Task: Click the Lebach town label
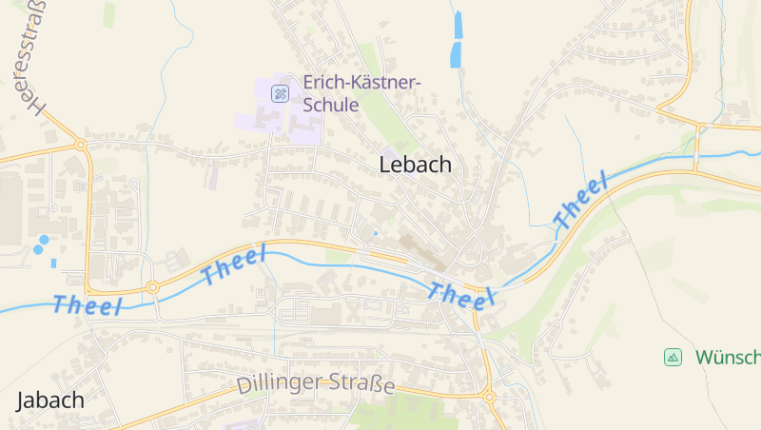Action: (415, 164)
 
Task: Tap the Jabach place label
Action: (49, 400)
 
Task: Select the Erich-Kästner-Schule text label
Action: (361, 93)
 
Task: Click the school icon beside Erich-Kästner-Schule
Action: (280, 92)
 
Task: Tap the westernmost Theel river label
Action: (88, 305)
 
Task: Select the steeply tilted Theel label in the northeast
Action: (580, 202)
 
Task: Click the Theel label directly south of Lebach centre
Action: (462, 296)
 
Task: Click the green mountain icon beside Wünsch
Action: (673, 357)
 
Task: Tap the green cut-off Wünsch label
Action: (727, 357)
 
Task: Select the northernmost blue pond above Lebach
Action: (459, 25)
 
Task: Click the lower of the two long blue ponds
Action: (455, 54)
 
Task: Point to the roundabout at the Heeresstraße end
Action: (81, 146)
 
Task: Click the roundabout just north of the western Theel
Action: (152, 286)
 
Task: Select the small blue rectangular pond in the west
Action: (53, 263)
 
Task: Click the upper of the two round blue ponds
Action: (44, 239)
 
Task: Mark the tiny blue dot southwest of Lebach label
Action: (376, 232)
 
